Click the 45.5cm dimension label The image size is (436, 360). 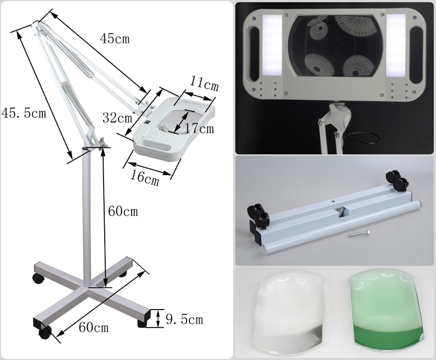pyautogui.click(x=23, y=113)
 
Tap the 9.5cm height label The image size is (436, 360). pyautogui.click(x=184, y=320)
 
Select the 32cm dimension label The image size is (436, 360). pyautogui.click(x=117, y=118)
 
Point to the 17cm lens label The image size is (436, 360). pyautogui.click(x=199, y=129)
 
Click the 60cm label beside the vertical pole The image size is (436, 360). pyautogui.click(x=123, y=211)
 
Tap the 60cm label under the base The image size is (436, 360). pyautogui.click(x=93, y=327)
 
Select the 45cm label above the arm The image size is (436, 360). pyautogui.click(x=115, y=39)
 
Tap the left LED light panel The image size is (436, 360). pyautogui.click(x=272, y=46)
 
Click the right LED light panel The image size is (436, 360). pyautogui.click(x=397, y=46)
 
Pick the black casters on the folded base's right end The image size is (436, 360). pyautogui.click(x=397, y=181)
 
